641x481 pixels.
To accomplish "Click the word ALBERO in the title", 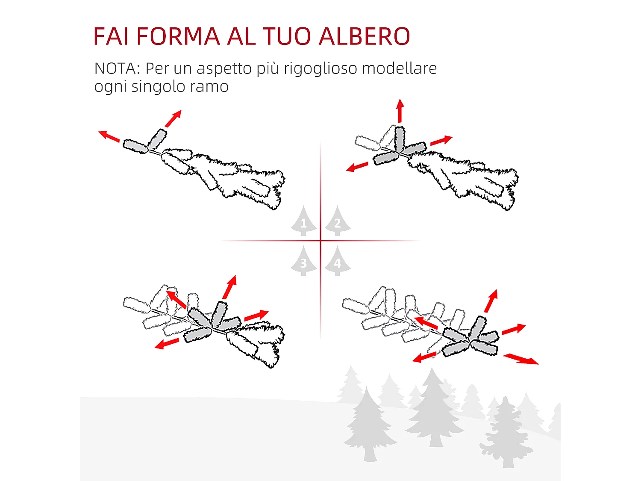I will click(x=364, y=36).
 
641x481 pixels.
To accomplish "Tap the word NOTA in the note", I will click(x=115, y=68).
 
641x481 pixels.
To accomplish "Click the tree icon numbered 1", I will click(x=303, y=222).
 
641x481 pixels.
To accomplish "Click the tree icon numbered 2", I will click(x=338, y=222).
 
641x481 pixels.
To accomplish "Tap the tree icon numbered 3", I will click(x=303, y=262).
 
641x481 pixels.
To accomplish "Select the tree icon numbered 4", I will click(x=338, y=262).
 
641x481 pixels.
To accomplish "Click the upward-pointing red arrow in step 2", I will click(x=400, y=111).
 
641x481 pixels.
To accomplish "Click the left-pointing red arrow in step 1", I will click(x=109, y=136).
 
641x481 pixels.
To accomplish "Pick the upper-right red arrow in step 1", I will click(x=173, y=118).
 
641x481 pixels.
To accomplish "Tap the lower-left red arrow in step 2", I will click(x=357, y=167).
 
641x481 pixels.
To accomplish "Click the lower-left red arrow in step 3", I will click(x=167, y=343).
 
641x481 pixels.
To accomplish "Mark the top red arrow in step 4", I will click(x=491, y=301).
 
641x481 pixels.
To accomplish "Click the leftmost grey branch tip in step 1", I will click(x=135, y=146).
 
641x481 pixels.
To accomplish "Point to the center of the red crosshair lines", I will click(x=320, y=241).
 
